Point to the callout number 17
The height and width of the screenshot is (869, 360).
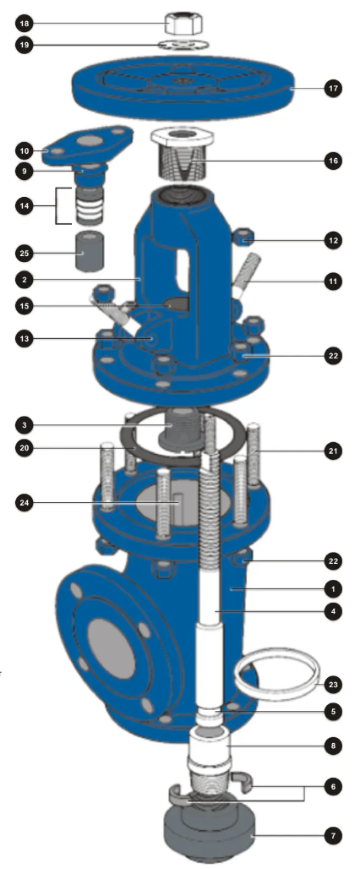334,87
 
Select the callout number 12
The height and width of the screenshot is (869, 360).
334,241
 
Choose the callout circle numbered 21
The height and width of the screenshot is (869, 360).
334,451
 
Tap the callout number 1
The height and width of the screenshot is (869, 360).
334,588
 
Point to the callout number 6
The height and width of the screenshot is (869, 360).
334,785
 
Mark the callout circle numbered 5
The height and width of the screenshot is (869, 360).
334,711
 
